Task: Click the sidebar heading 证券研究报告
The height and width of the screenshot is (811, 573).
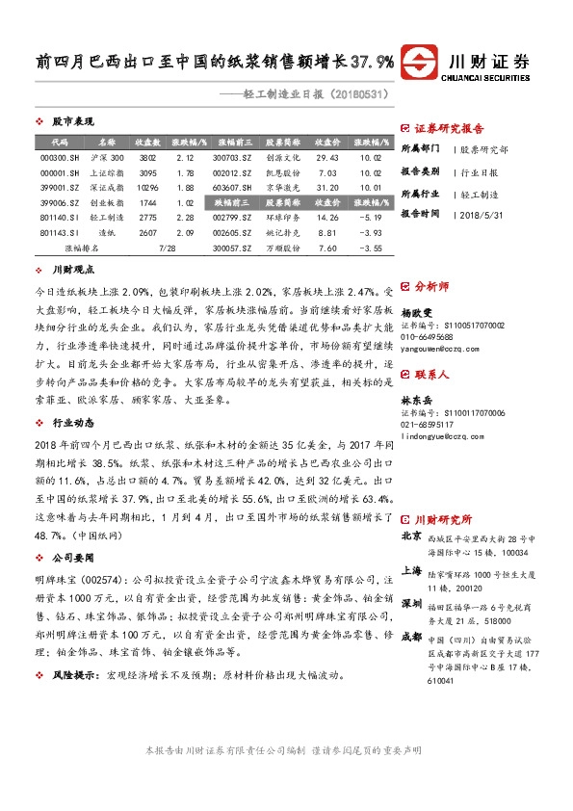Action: (450, 128)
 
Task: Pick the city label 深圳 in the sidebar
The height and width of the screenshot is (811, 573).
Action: (411, 576)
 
